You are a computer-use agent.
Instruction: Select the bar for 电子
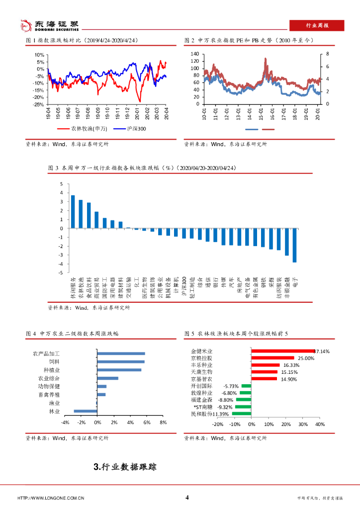click(x=294, y=245)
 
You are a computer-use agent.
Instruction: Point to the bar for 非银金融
click(x=286, y=242)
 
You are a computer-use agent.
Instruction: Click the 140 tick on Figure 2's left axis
click(x=194, y=54)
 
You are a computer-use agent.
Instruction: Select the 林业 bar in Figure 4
click(x=85, y=411)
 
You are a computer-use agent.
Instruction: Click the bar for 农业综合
click(x=108, y=378)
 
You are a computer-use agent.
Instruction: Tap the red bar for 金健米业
click(x=283, y=351)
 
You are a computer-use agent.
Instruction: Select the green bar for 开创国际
click(x=246, y=386)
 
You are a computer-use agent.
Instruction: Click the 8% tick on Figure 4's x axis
click(x=163, y=423)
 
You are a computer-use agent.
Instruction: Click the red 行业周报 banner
click(x=318, y=25)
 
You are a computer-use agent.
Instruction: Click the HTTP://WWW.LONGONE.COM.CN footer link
click(x=51, y=498)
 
